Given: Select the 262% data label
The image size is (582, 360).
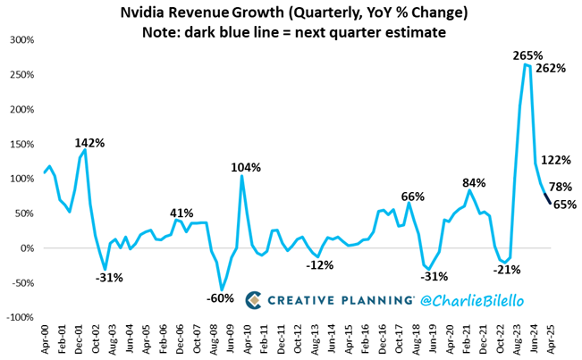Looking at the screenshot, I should click(552, 67).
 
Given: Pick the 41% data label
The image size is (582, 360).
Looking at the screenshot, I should click(181, 213).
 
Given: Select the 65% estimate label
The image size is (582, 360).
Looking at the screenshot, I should click(564, 205).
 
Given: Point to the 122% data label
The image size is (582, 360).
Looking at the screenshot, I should click(556, 160).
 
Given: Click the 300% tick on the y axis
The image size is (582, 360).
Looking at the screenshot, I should click(20, 40).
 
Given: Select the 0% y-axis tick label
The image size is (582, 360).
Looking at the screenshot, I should click(26, 248).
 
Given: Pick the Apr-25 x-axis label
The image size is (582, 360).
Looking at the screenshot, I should click(552, 339).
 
